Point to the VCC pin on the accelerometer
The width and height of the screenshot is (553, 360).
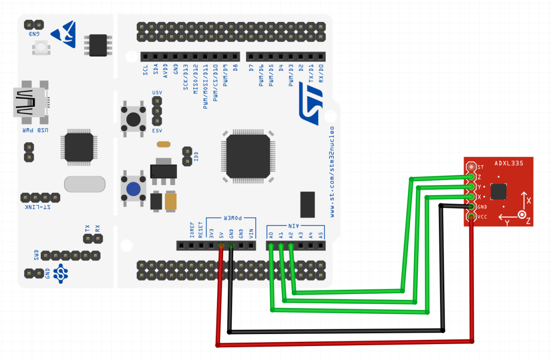471,217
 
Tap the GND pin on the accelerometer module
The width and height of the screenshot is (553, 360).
471,207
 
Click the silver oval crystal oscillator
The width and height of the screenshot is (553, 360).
84,184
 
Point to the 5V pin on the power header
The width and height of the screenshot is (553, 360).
221,246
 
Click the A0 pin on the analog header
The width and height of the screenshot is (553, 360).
271,246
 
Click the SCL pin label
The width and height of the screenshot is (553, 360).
145,71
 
